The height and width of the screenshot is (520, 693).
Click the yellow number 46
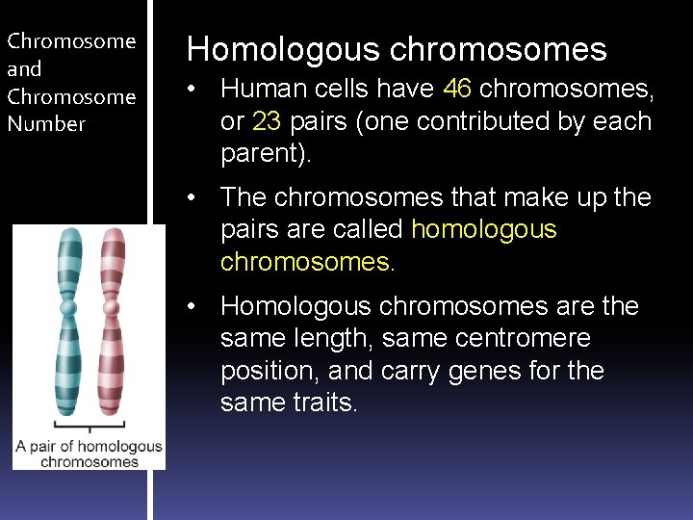[x=457, y=90]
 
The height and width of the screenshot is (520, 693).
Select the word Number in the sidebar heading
[x=46, y=124]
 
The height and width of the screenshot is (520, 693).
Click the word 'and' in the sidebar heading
[x=24, y=69]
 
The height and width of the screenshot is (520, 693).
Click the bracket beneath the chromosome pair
[x=90, y=426]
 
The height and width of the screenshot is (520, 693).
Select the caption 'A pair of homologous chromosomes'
[x=90, y=454]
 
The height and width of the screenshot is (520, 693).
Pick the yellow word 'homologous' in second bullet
[x=483, y=230]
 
